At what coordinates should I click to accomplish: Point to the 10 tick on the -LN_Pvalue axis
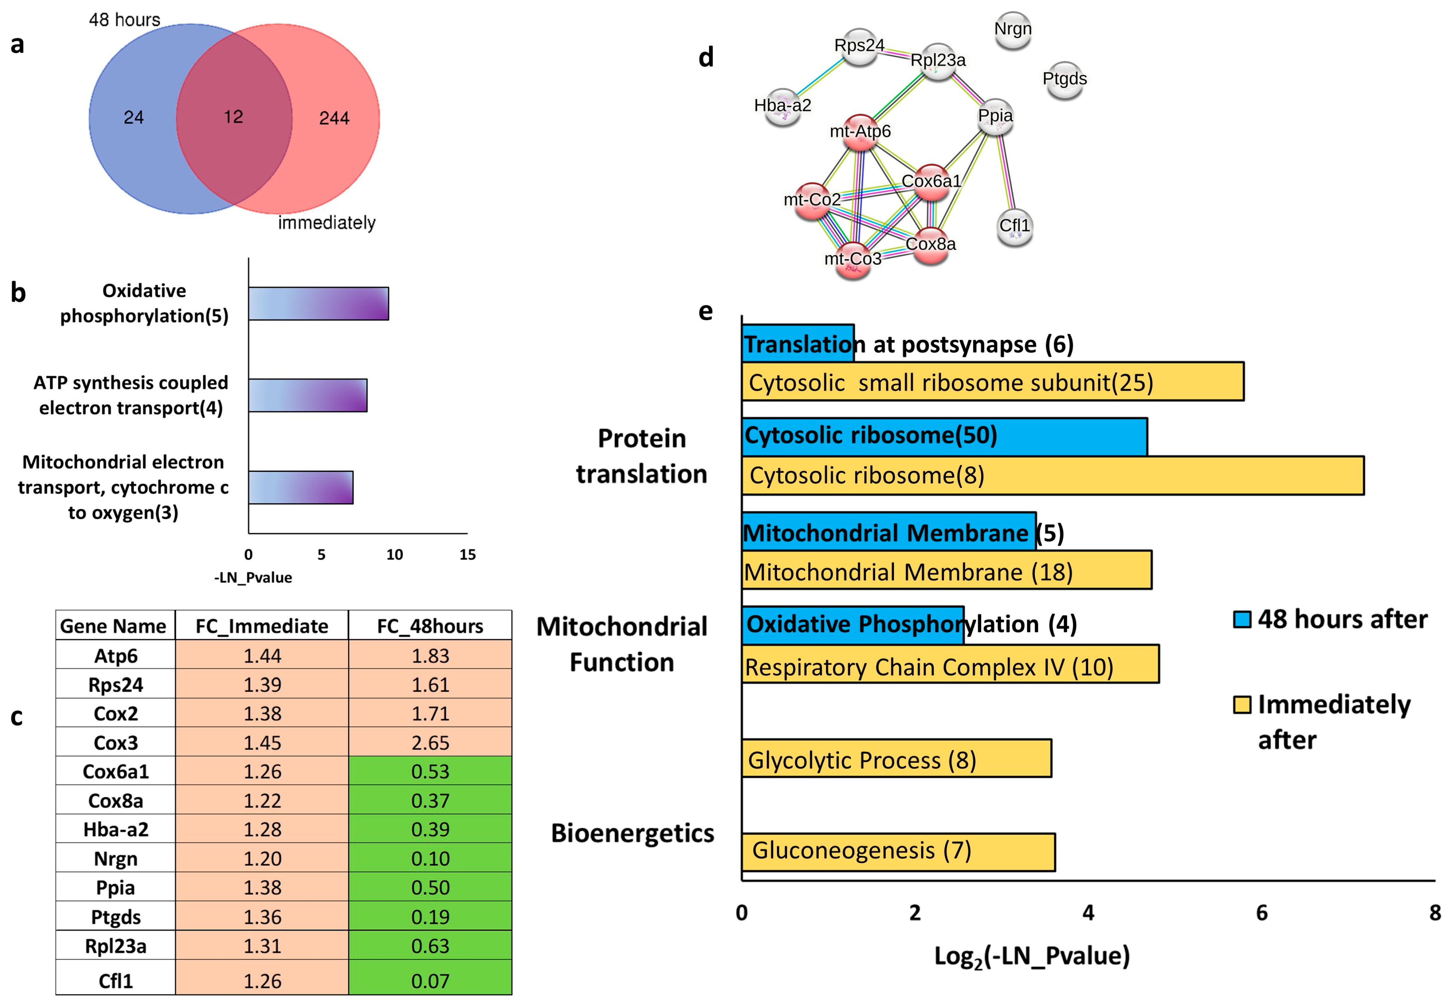[394, 554]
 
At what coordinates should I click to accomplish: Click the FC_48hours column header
[430, 626]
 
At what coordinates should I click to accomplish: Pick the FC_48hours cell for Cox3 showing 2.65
[430, 742]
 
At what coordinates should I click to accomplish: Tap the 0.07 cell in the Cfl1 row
[430, 980]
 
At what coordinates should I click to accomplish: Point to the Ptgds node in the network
[1065, 80]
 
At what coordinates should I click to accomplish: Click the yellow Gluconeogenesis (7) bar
[898, 851]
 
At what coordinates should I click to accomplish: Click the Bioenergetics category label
[632, 833]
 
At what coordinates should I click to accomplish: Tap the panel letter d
[706, 57]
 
